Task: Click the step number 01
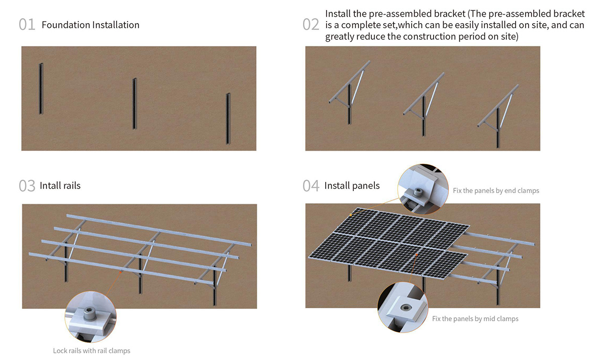click(x=27, y=25)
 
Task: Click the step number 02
click(x=311, y=25)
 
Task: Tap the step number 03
click(x=27, y=186)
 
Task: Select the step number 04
click(x=311, y=186)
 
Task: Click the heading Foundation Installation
click(x=90, y=25)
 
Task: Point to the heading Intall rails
click(x=60, y=186)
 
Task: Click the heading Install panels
click(x=352, y=186)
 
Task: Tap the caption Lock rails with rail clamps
click(x=91, y=350)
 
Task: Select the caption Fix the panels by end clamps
click(x=495, y=191)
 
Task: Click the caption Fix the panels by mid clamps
click(x=475, y=319)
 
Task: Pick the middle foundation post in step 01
click(x=135, y=104)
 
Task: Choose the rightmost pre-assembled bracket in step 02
click(x=498, y=116)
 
